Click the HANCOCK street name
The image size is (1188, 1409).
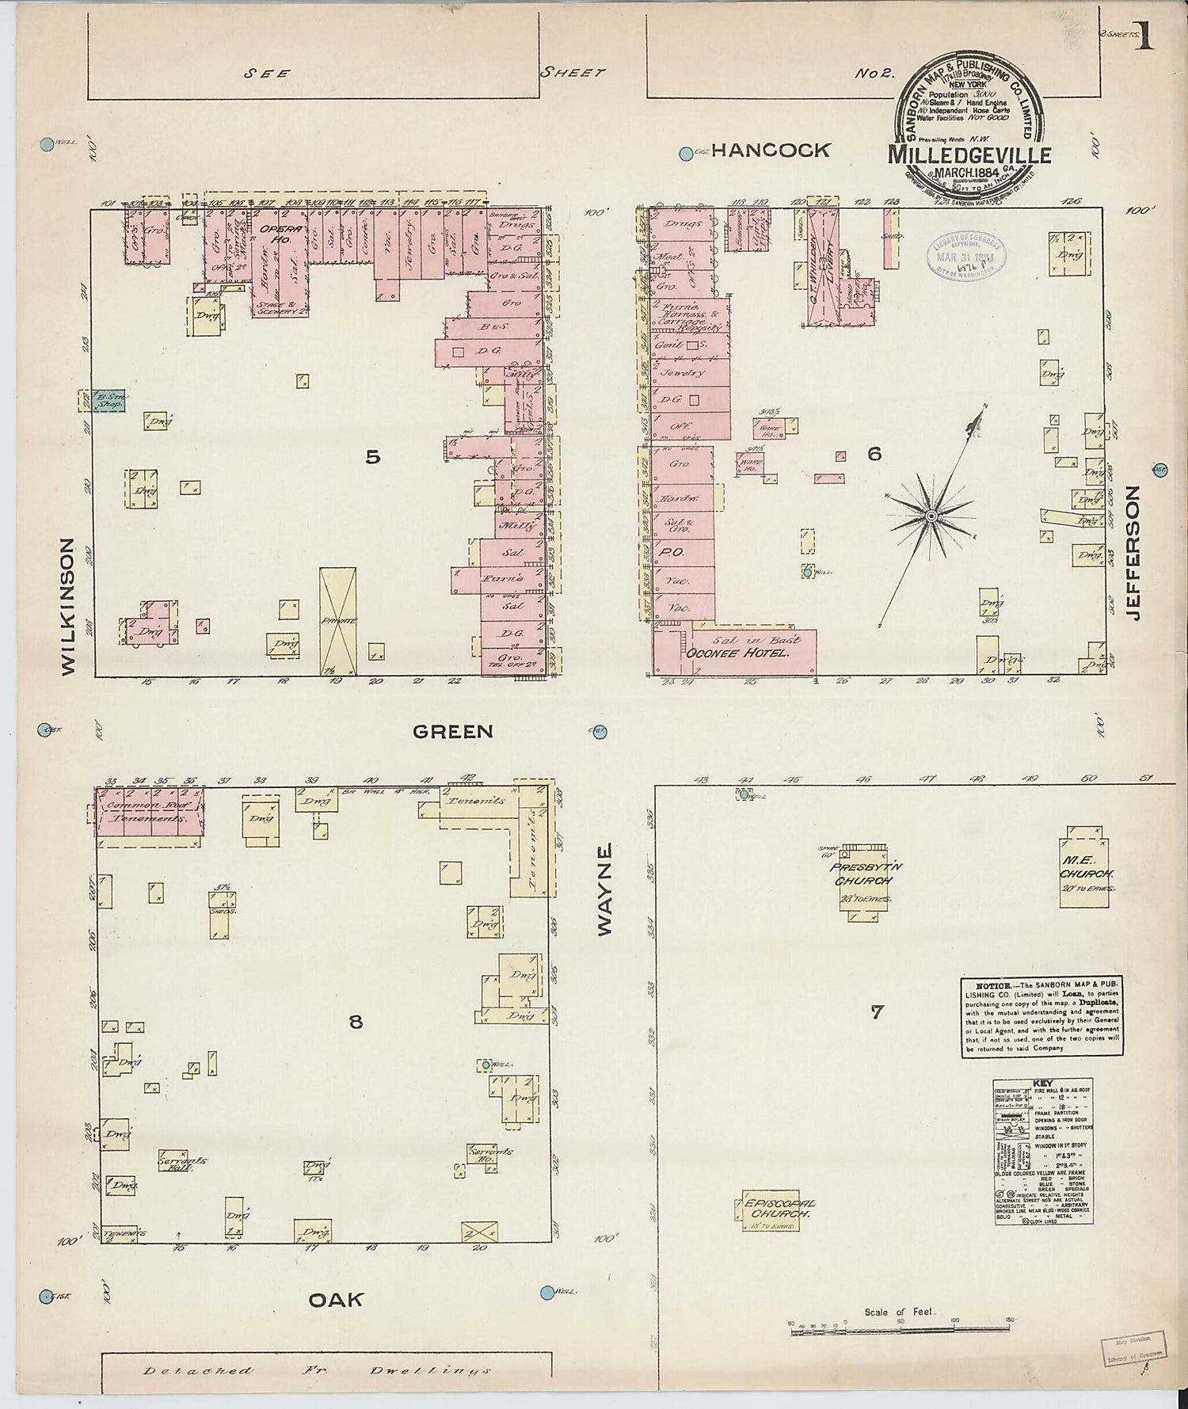pyautogui.click(x=771, y=150)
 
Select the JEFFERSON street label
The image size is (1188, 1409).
pyautogui.click(x=1133, y=553)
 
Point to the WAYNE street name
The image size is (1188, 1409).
pyautogui.click(x=605, y=890)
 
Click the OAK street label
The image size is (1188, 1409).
pyautogui.click(x=336, y=1300)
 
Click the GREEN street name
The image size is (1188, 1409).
pyautogui.click(x=453, y=732)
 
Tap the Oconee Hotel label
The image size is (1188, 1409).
pyautogui.click(x=738, y=653)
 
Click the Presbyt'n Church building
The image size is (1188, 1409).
pyautogui.click(x=866, y=882)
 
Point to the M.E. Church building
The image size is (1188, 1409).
pyautogui.click(x=1086, y=866)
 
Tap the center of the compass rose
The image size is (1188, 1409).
pyautogui.click(x=931, y=516)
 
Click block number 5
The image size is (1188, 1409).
pyautogui.click(x=373, y=457)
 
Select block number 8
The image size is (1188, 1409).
pyautogui.click(x=356, y=1022)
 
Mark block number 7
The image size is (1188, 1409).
pyautogui.click(x=876, y=1011)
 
